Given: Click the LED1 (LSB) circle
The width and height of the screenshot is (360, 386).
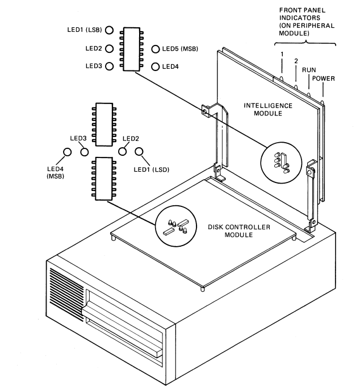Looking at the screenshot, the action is coord(109,30).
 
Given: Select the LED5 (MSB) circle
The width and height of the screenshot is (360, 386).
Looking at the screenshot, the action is coord(155,49).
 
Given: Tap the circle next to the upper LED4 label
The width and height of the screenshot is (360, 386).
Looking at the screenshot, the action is coord(155,67).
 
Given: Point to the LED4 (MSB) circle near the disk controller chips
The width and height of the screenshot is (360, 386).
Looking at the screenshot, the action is coord(67,152).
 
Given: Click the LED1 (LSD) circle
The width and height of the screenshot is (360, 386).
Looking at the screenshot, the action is coord(139,152).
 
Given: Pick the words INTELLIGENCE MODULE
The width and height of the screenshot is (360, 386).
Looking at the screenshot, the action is coord(268,110).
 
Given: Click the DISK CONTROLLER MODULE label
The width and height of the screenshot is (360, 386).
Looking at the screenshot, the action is coord(239,231).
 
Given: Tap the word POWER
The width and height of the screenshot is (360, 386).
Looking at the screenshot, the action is coord(323,78).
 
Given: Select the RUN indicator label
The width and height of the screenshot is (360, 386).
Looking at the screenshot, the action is coord(309,70).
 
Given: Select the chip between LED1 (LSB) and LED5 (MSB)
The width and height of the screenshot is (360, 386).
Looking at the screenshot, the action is coord(132,49).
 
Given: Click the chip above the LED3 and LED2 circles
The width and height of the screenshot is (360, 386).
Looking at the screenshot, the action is coord(104,124).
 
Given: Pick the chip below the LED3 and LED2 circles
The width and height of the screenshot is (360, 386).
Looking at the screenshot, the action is coord(104,179).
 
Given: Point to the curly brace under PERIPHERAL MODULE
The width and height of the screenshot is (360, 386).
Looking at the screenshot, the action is coord(305,44).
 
